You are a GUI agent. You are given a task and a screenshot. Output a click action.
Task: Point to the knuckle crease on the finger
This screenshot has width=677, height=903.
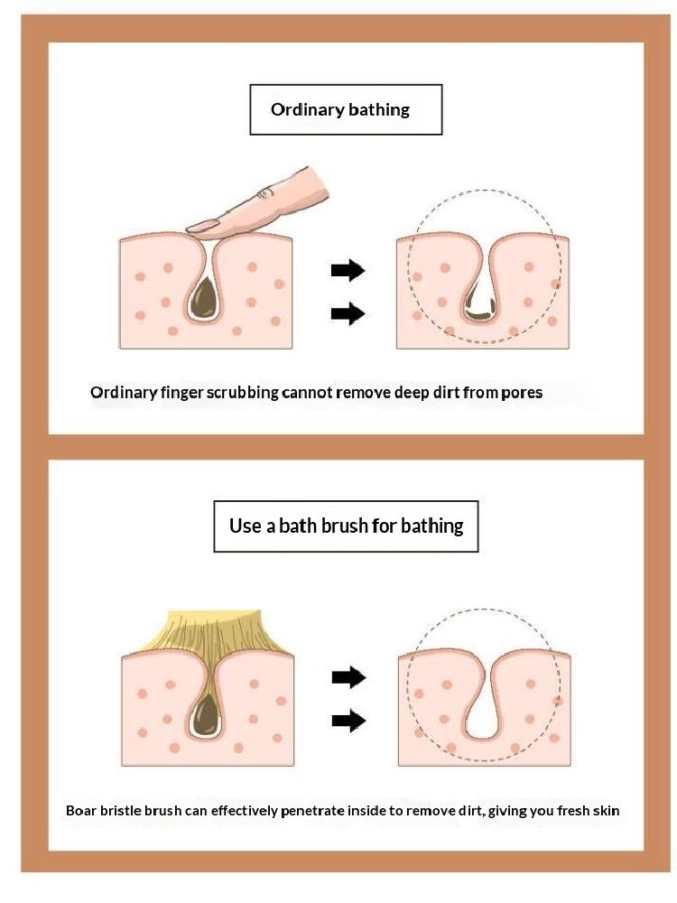tap(264, 193)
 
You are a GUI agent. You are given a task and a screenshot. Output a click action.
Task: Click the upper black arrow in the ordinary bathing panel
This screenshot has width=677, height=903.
tap(348, 269)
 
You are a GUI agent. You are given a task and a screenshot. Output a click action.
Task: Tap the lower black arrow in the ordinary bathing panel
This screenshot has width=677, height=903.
tap(348, 313)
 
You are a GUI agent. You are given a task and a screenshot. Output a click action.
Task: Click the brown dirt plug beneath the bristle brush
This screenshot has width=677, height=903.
tap(204, 714)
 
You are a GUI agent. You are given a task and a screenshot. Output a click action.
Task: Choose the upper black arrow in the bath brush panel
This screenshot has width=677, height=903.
tap(348, 677)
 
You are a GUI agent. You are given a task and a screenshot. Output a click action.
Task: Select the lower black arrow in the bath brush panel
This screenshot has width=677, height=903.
tap(348, 721)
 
